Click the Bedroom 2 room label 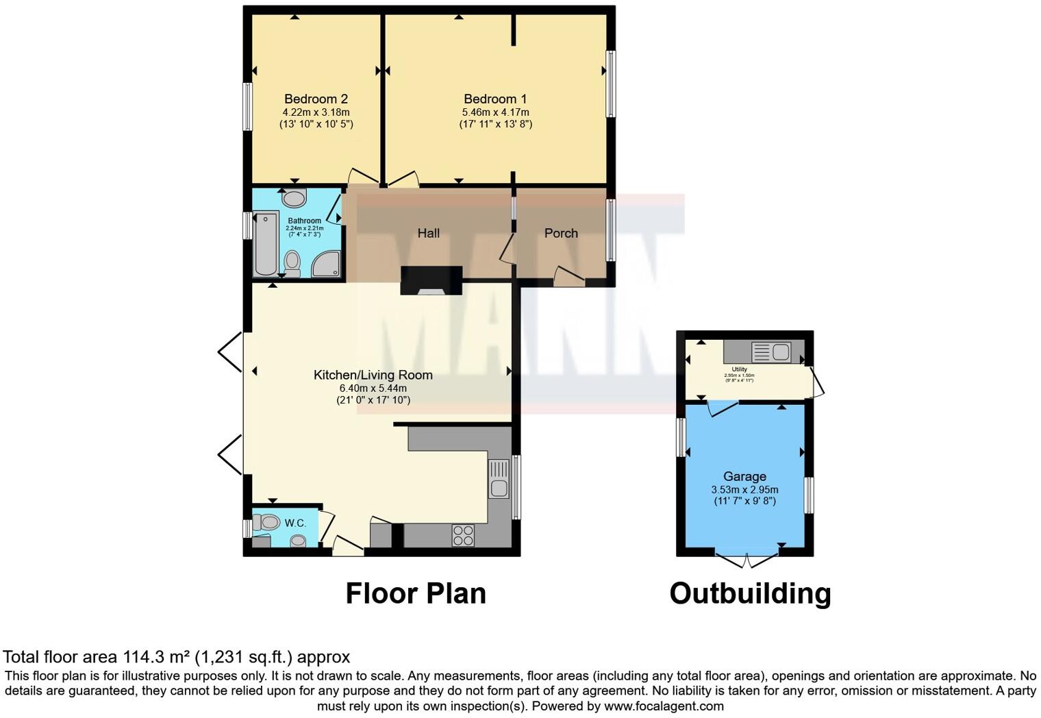click(316, 99)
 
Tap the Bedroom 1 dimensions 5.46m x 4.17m click(495, 112)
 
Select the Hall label click(429, 234)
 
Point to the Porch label click(561, 234)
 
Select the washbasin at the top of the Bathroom click(294, 199)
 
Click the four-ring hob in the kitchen click(463, 535)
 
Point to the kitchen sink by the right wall click(499, 479)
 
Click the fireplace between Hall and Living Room click(431, 281)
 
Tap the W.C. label click(295, 523)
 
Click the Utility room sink click(771, 353)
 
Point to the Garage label click(744, 477)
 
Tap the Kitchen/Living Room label click(373, 375)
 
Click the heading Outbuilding click(750, 593)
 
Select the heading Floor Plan click(416, 593)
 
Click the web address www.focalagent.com click(663, 706)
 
